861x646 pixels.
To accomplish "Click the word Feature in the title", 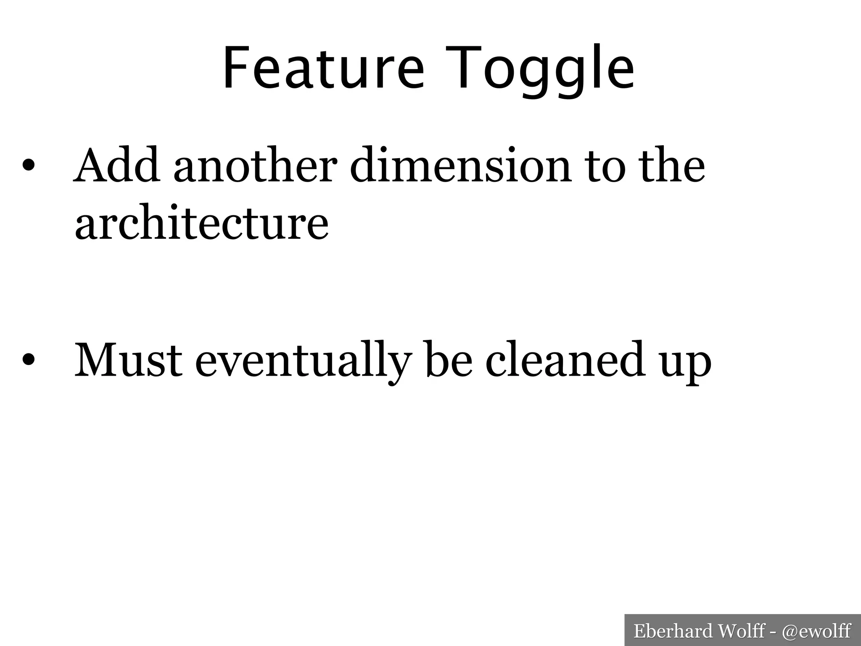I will tap(323, 68).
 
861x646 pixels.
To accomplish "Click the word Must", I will tap(128, 361).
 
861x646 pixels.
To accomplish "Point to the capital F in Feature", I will tap(235, 68).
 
